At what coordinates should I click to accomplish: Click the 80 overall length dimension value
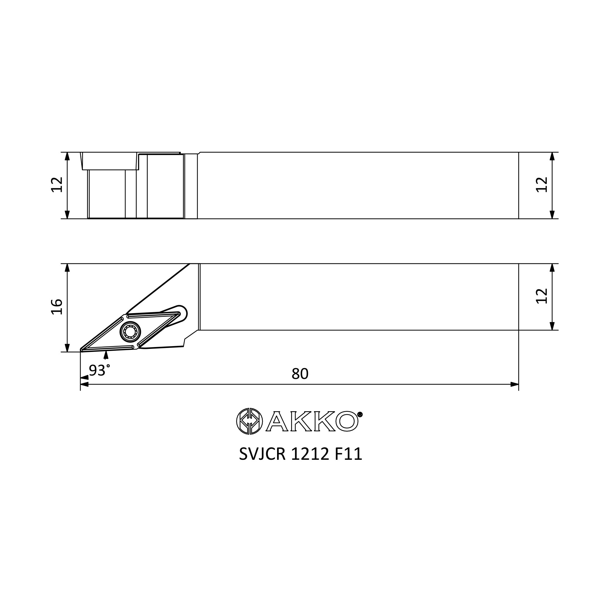coord(300,374)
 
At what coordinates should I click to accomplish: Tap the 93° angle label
coord(99,370)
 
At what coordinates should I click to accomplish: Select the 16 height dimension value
coord(57,307)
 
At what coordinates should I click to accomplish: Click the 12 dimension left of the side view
coord(57,185)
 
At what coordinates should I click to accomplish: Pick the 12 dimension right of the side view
coord(542,185)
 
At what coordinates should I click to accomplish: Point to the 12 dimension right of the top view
coord(542,296)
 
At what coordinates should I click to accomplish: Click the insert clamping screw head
coord(130,331)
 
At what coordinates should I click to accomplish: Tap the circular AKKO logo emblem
coord(250,421)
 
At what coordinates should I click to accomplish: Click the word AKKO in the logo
coord(312,421)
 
